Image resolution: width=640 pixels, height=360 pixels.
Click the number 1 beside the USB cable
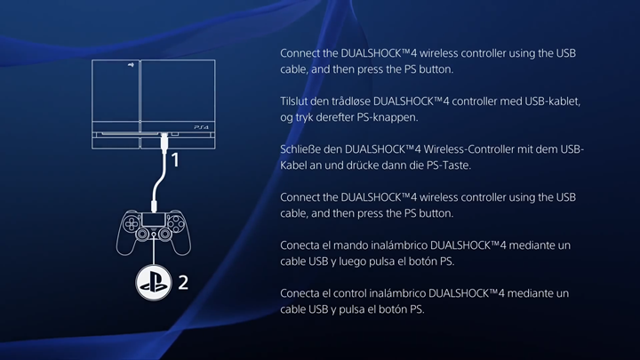175,161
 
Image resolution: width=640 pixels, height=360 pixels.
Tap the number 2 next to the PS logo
183,283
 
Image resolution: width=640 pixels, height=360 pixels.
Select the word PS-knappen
388,117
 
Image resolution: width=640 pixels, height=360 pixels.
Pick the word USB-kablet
555,101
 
